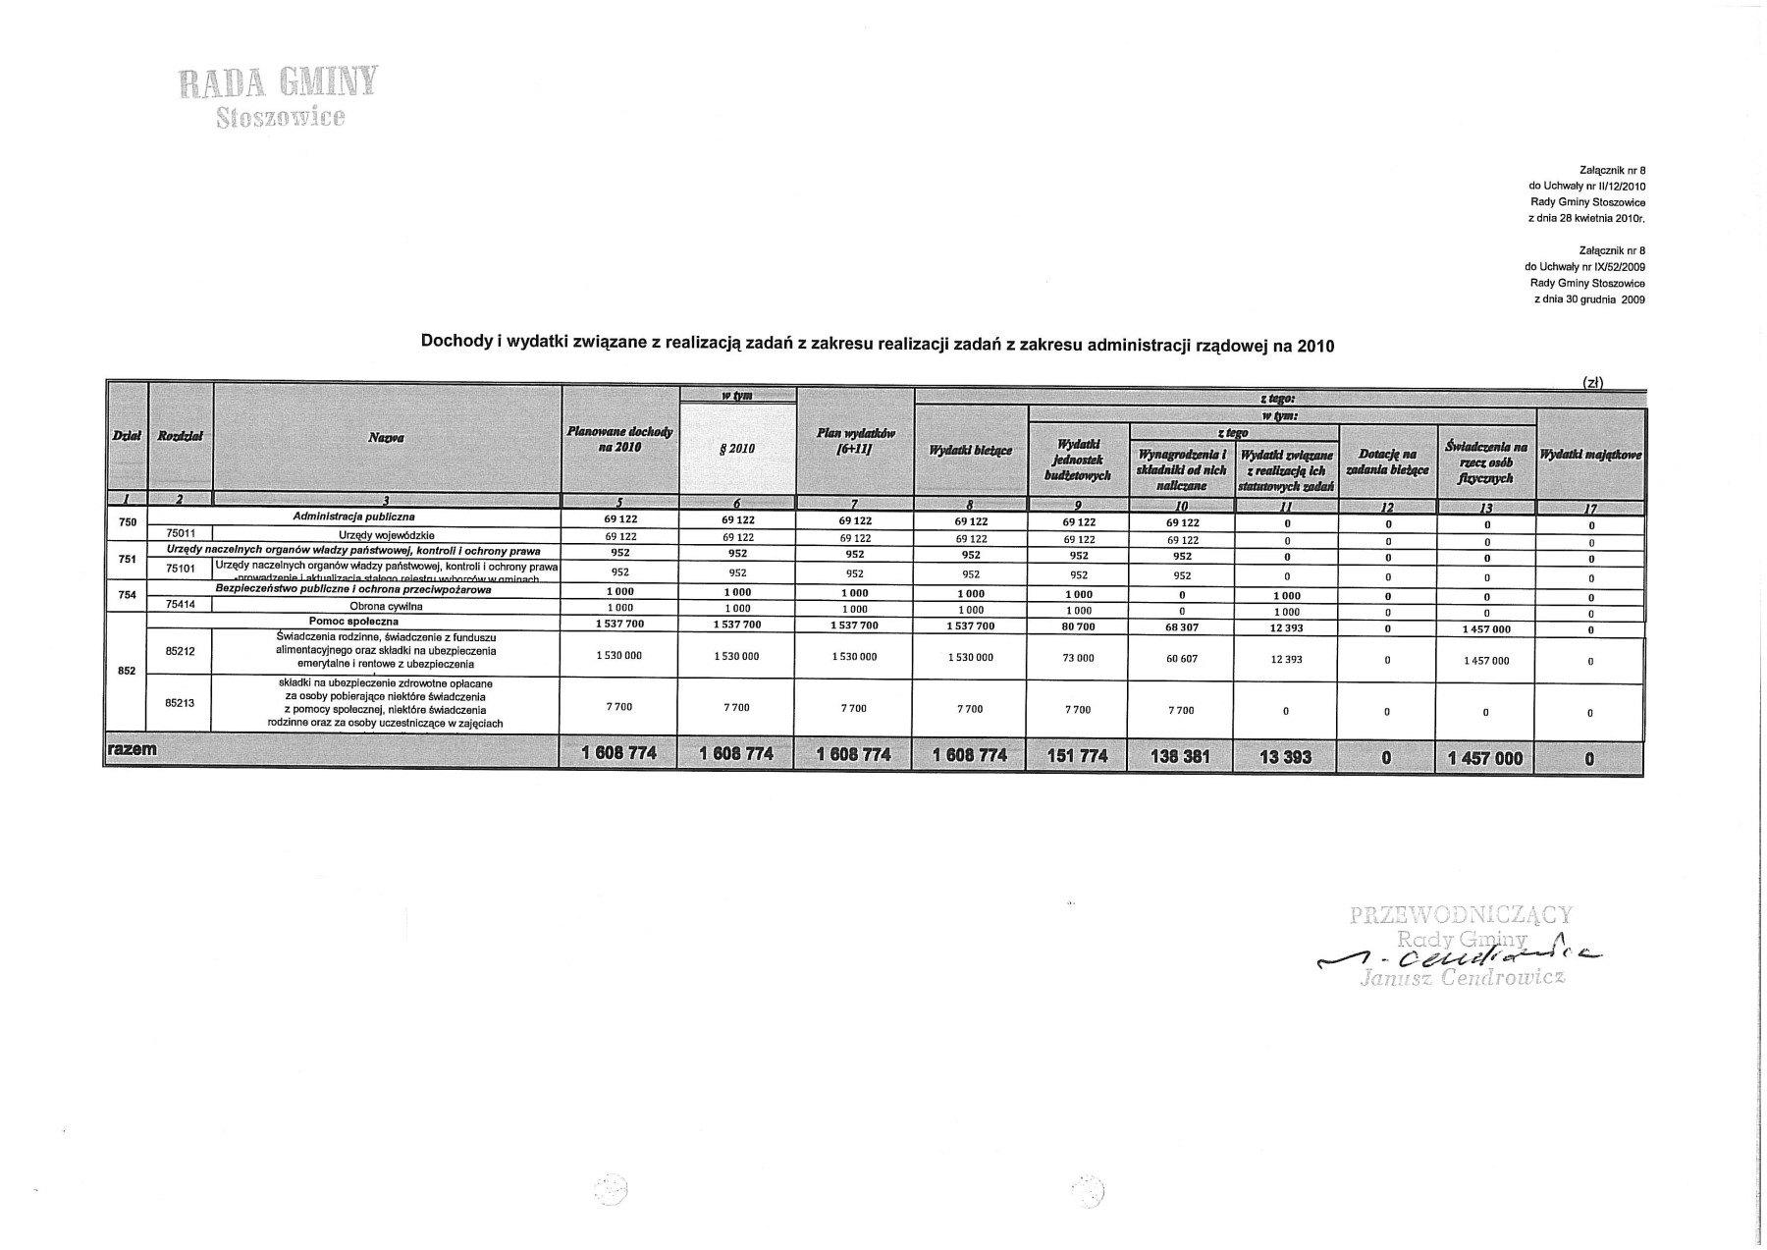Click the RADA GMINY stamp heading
coord(278,84)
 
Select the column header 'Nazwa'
coord(387,438)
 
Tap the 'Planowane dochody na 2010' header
coord(619,439)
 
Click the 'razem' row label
coord(133,750)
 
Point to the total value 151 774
coord(1078,756)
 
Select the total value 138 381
coord(1182,757)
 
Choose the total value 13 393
coord(1286,757)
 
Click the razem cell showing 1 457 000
coord(1485,757)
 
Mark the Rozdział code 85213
coord(181,703)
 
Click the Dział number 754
coord(127,596)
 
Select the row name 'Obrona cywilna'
coord(386,607)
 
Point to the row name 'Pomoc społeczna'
coord(353,622)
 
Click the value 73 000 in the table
coord(1078,658)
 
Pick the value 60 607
coord(1182,659)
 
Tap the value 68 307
coord(1182,627)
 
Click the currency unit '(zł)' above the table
coord(1592,382)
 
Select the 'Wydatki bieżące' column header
coord(970,451)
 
